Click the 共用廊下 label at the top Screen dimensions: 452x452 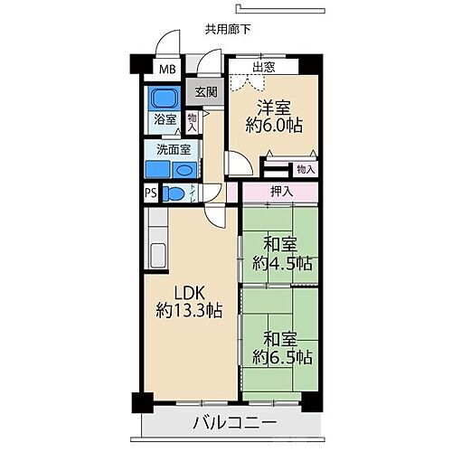tap(227, 29)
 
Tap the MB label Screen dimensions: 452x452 tap(168, 70)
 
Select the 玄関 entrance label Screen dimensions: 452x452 tap(205, 91)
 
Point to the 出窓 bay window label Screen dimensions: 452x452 tap(264, 68)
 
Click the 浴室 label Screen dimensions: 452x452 tap(165, 118)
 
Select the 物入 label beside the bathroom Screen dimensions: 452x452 tap(193, 119)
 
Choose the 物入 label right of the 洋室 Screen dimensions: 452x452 tap(305, 169)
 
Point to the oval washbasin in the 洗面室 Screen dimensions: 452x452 tap(184, 170)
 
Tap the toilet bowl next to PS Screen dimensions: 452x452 tap(176, 193)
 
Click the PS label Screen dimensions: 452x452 tap(150, 193)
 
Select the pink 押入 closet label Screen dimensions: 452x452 tap(281, 192)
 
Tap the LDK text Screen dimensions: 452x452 tap(189, 291)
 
